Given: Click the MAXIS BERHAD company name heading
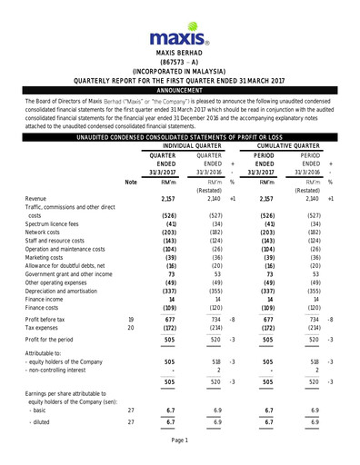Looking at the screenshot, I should point(179,54).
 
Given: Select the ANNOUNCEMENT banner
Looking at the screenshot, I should point(179,91).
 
